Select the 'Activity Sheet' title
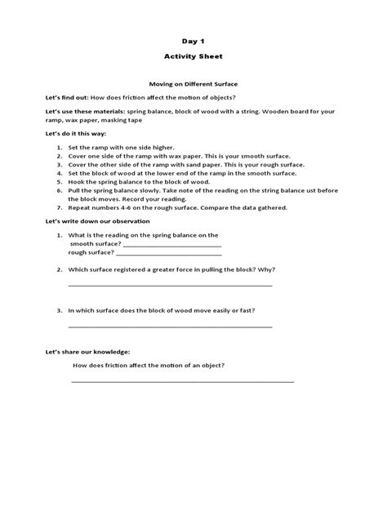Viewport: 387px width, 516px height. pos(193,57)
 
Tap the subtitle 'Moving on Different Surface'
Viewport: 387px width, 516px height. pos(193,83)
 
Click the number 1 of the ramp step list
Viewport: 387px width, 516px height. pos(60,147)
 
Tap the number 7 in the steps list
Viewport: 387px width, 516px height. pos(60,207)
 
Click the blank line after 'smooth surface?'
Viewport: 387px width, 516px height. pos(171,244)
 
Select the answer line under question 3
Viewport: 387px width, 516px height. pos(170,327)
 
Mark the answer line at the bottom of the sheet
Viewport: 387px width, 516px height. pos(182,381)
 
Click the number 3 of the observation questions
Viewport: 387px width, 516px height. pos(60,310)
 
